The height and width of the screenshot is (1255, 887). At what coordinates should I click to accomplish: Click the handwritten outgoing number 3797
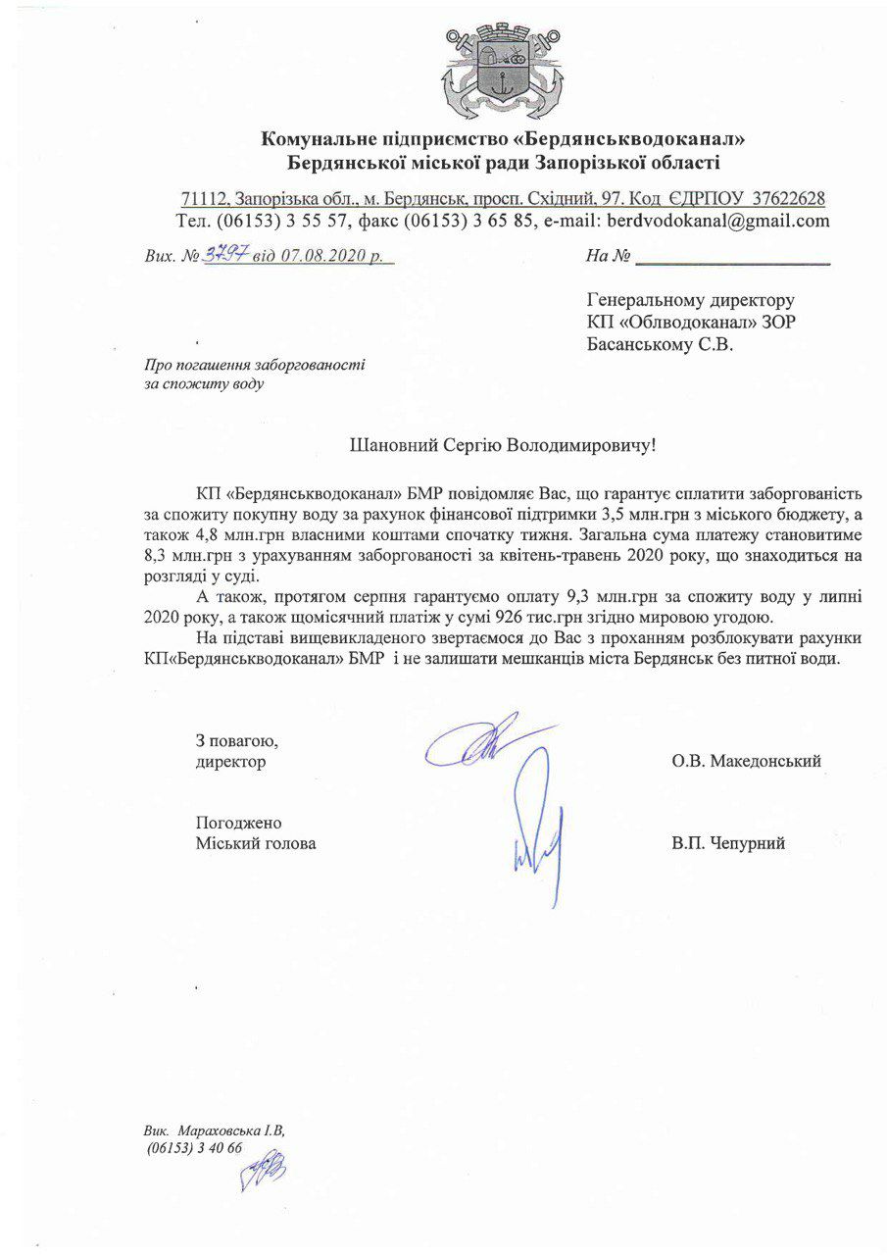[x=225, y=257]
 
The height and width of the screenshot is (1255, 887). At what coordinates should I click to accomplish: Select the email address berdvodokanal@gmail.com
[x=719, y=221]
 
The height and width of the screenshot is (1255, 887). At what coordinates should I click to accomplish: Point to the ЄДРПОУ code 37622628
[x=782, y=199]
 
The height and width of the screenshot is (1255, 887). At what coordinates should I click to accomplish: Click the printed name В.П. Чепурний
[x=728, y=843]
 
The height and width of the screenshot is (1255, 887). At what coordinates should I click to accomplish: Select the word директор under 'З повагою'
[x=230, y=761]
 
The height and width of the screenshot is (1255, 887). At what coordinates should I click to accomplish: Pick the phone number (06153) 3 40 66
[x=193, y=1148]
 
